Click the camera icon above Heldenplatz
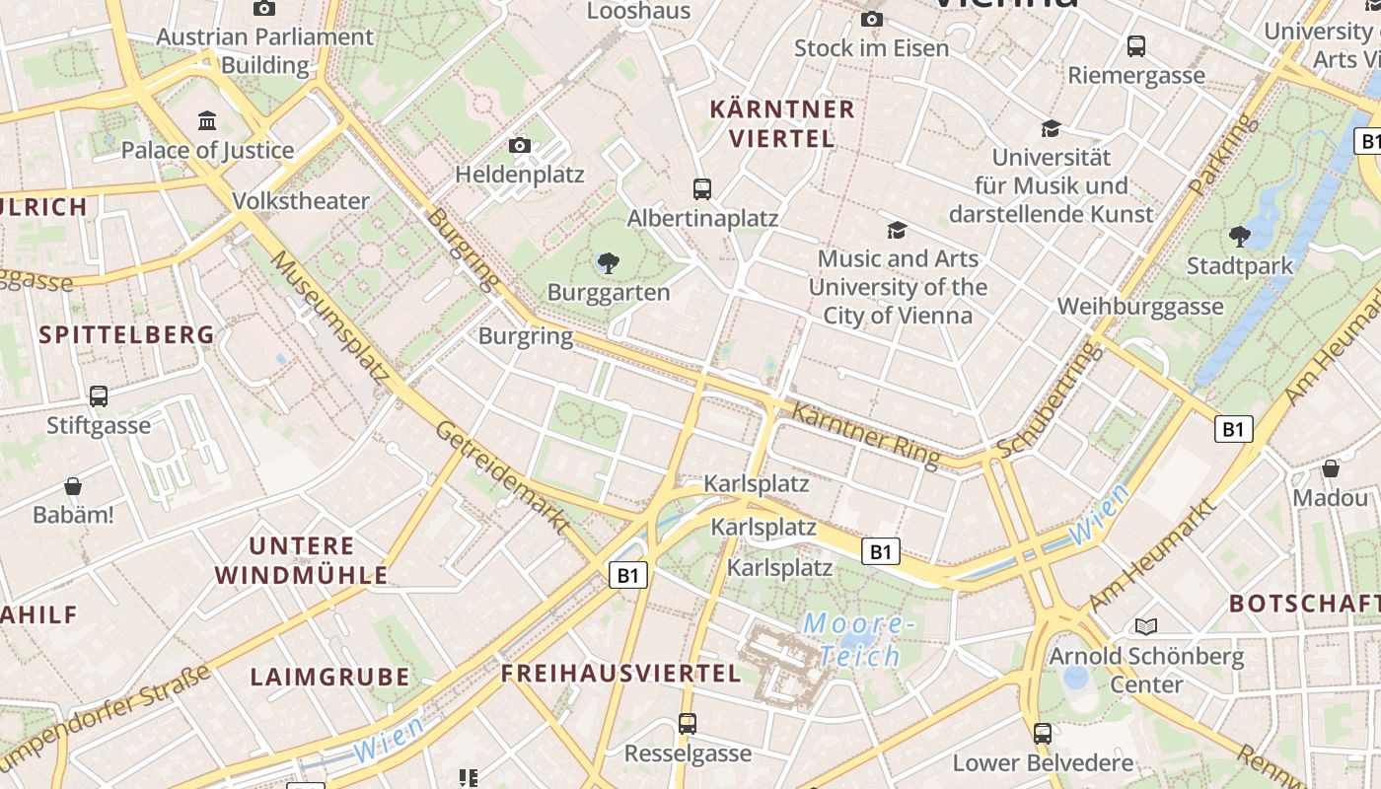coord(520,146)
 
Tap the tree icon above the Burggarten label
coord(609,263)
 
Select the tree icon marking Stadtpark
coord(1240,236)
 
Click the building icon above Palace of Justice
coord(207,121)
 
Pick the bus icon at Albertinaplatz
coord(702,189)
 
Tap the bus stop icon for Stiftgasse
coord(99,396)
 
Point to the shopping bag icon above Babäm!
coord(73,486)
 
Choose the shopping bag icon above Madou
coord(1331,468)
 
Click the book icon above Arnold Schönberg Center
coord(1145,626)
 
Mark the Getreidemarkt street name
coord(503,477)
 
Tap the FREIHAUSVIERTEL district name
coord(620,674)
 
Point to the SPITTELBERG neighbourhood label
coord(126,334)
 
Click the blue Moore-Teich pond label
coord(853,639)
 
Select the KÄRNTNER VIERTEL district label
coord(782,123)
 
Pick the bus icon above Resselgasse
coord(688,724)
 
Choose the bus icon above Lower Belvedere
coord(1043,733)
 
